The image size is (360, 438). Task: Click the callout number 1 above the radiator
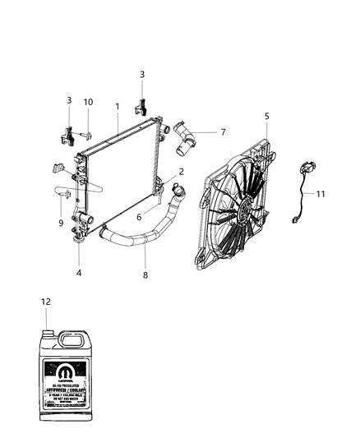[x=118, y=106]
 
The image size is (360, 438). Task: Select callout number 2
[x=181, y=172]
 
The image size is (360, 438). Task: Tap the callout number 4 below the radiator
[x=79, y=273]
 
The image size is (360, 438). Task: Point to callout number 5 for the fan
[x=266, y=117]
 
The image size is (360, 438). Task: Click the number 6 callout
[x=140, y=217]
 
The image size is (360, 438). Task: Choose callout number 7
[x=223, y=131]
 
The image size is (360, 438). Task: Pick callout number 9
[x=61, y=222]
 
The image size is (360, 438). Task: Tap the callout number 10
[x=88, y=102]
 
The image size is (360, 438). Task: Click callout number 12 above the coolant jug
[x=44, y=302]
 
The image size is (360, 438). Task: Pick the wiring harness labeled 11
[x=302, y=197]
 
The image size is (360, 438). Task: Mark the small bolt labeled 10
[x=86, y=131]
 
